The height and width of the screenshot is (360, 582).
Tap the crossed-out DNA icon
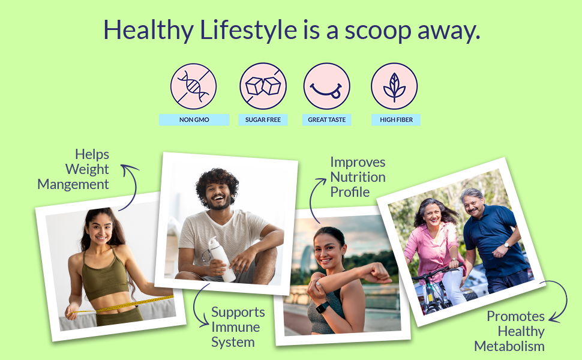pyautogui.click(x=193, y=86)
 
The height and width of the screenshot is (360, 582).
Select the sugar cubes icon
pyautogui.click(x=263, y=86)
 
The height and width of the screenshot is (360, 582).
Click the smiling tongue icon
pyautogui.click(x=326, y=86)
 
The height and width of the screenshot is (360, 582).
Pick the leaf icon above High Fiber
pyautogui.click(x=394, y=86)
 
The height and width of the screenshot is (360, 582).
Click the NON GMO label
pyautogui.click(x=194, y=119)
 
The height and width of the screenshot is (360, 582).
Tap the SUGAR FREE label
pyautogui.click(x=263, y=119)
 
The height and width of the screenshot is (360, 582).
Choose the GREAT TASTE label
pyautogui.click(x=326, y=119)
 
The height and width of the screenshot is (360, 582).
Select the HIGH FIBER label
pyautogui.click(x=396, y=119)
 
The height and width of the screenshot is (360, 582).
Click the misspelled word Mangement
pyautogui.click(x=73, y=184)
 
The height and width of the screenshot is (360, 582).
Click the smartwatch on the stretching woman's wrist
pyautogui.click(x=322, y=307)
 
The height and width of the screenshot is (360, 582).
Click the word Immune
pyautogui.click(x=235, y=328)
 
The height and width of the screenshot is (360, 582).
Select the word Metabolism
pyautogui.click(x=509, y=346)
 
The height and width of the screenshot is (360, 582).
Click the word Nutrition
pyautogui.click(x=358, y=177)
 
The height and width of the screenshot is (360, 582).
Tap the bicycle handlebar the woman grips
pyautogui.click(x=436, y=273)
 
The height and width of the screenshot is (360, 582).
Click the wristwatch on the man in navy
pyautogui.click(x=506, y=245)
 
